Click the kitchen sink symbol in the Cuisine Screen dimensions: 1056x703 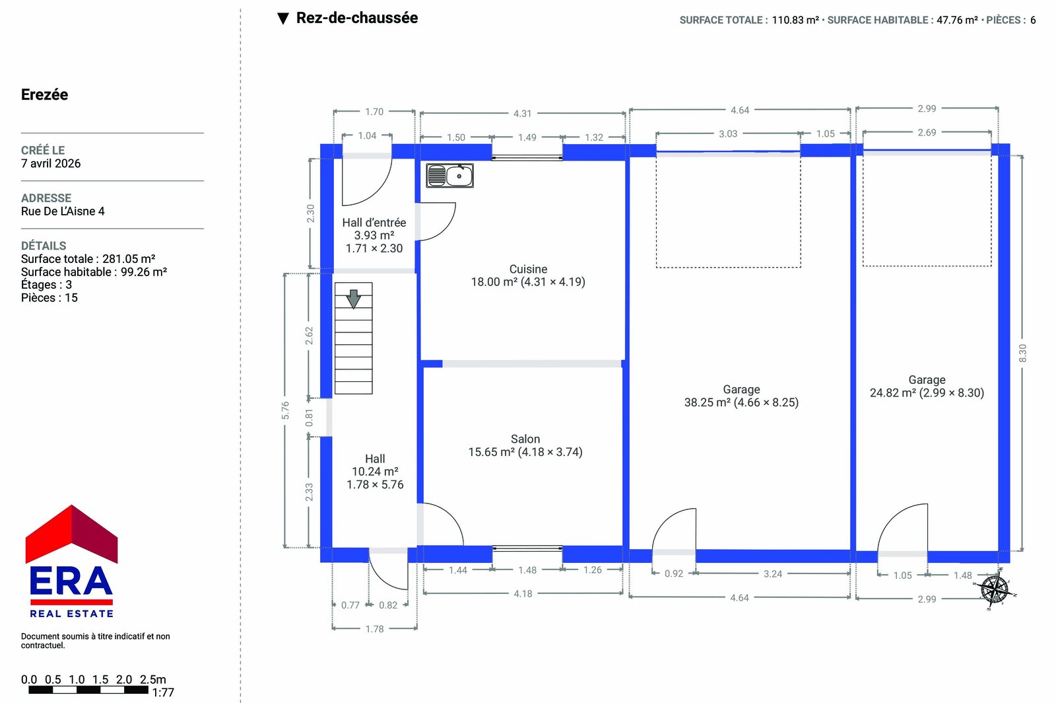(x=449, y=176)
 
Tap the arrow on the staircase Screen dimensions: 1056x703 (x=353, y=299)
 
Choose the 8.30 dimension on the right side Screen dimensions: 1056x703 (x=1022, y=353)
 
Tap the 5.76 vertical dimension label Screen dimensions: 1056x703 (x=284, y=410)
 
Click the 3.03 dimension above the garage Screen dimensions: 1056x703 (x=728, y=133)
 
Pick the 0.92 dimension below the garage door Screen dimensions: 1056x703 (x=674, y=573)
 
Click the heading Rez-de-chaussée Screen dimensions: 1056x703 (x=357, y=18)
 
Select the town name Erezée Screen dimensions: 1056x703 (x=44, y=94)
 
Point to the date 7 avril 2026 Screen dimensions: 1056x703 (x=51, y=163)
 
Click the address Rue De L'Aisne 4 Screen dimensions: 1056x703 (x=63, y=211)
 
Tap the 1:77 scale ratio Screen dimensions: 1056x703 (x=162, y=692)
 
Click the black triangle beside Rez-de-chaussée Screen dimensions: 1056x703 (x=283, y=18)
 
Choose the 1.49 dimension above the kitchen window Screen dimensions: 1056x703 (x=527, y=137)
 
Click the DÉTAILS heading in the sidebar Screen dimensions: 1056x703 (x=44, y=245)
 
